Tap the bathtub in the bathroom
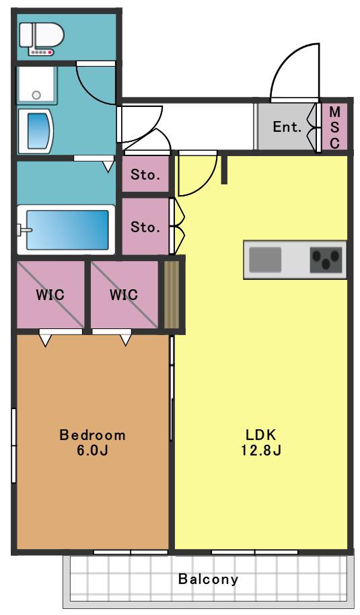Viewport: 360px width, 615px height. pos(66,230)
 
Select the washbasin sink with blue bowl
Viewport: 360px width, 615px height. pos(36,131)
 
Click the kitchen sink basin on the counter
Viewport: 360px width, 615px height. pos(266,260)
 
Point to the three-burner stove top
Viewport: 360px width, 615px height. pos(326,260)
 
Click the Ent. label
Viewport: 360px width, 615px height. pos(287,126)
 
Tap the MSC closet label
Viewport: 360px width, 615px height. pos(334,127)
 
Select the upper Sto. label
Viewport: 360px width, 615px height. pos(145,174)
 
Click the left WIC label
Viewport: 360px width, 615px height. pos(50,294)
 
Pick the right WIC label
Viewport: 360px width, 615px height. pos(124,294)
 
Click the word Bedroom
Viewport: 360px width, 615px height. pos(92,435)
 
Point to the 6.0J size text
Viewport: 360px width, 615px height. pos(92,450)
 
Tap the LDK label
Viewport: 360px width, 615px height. pos(261,435)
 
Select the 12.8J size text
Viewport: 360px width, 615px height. pos(261,450)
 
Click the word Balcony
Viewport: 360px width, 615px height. pos(208,579)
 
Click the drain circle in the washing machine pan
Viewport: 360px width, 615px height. pos(36,95)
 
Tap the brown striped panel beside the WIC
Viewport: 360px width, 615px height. pos(172,294)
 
